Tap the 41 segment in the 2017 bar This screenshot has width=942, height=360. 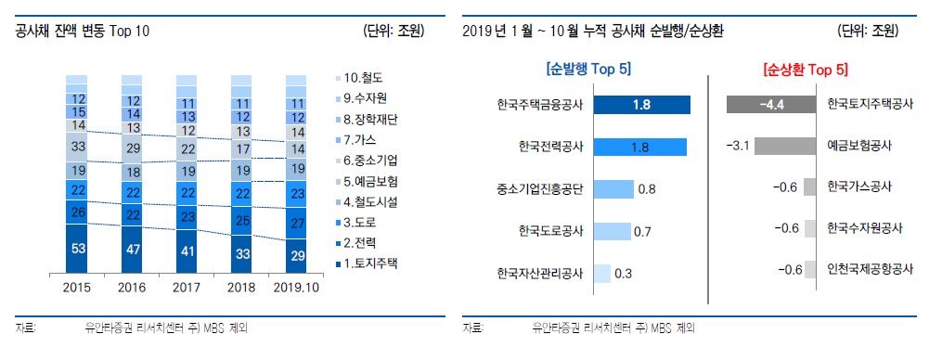[188, 251]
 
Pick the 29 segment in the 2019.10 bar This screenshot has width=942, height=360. [298, 254]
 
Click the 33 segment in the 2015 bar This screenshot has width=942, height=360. [79, 146]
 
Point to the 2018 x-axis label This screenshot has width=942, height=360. [243, 288]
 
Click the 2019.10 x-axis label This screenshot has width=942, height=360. [298, 288]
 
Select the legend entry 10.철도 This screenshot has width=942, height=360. [364, 78]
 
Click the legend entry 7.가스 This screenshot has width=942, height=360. [362, 139]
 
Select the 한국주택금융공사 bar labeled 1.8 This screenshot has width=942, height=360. [641, 105]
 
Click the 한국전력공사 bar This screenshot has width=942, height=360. [639, 147]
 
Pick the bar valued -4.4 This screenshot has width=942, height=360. [771, 105]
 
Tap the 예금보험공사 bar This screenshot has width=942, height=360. [787, 147]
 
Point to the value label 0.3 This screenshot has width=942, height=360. [624, 273]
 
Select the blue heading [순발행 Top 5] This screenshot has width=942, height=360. [588, 69]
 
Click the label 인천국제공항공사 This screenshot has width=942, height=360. [870, 269]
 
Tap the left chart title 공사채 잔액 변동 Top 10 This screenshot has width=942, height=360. [83, 32]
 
